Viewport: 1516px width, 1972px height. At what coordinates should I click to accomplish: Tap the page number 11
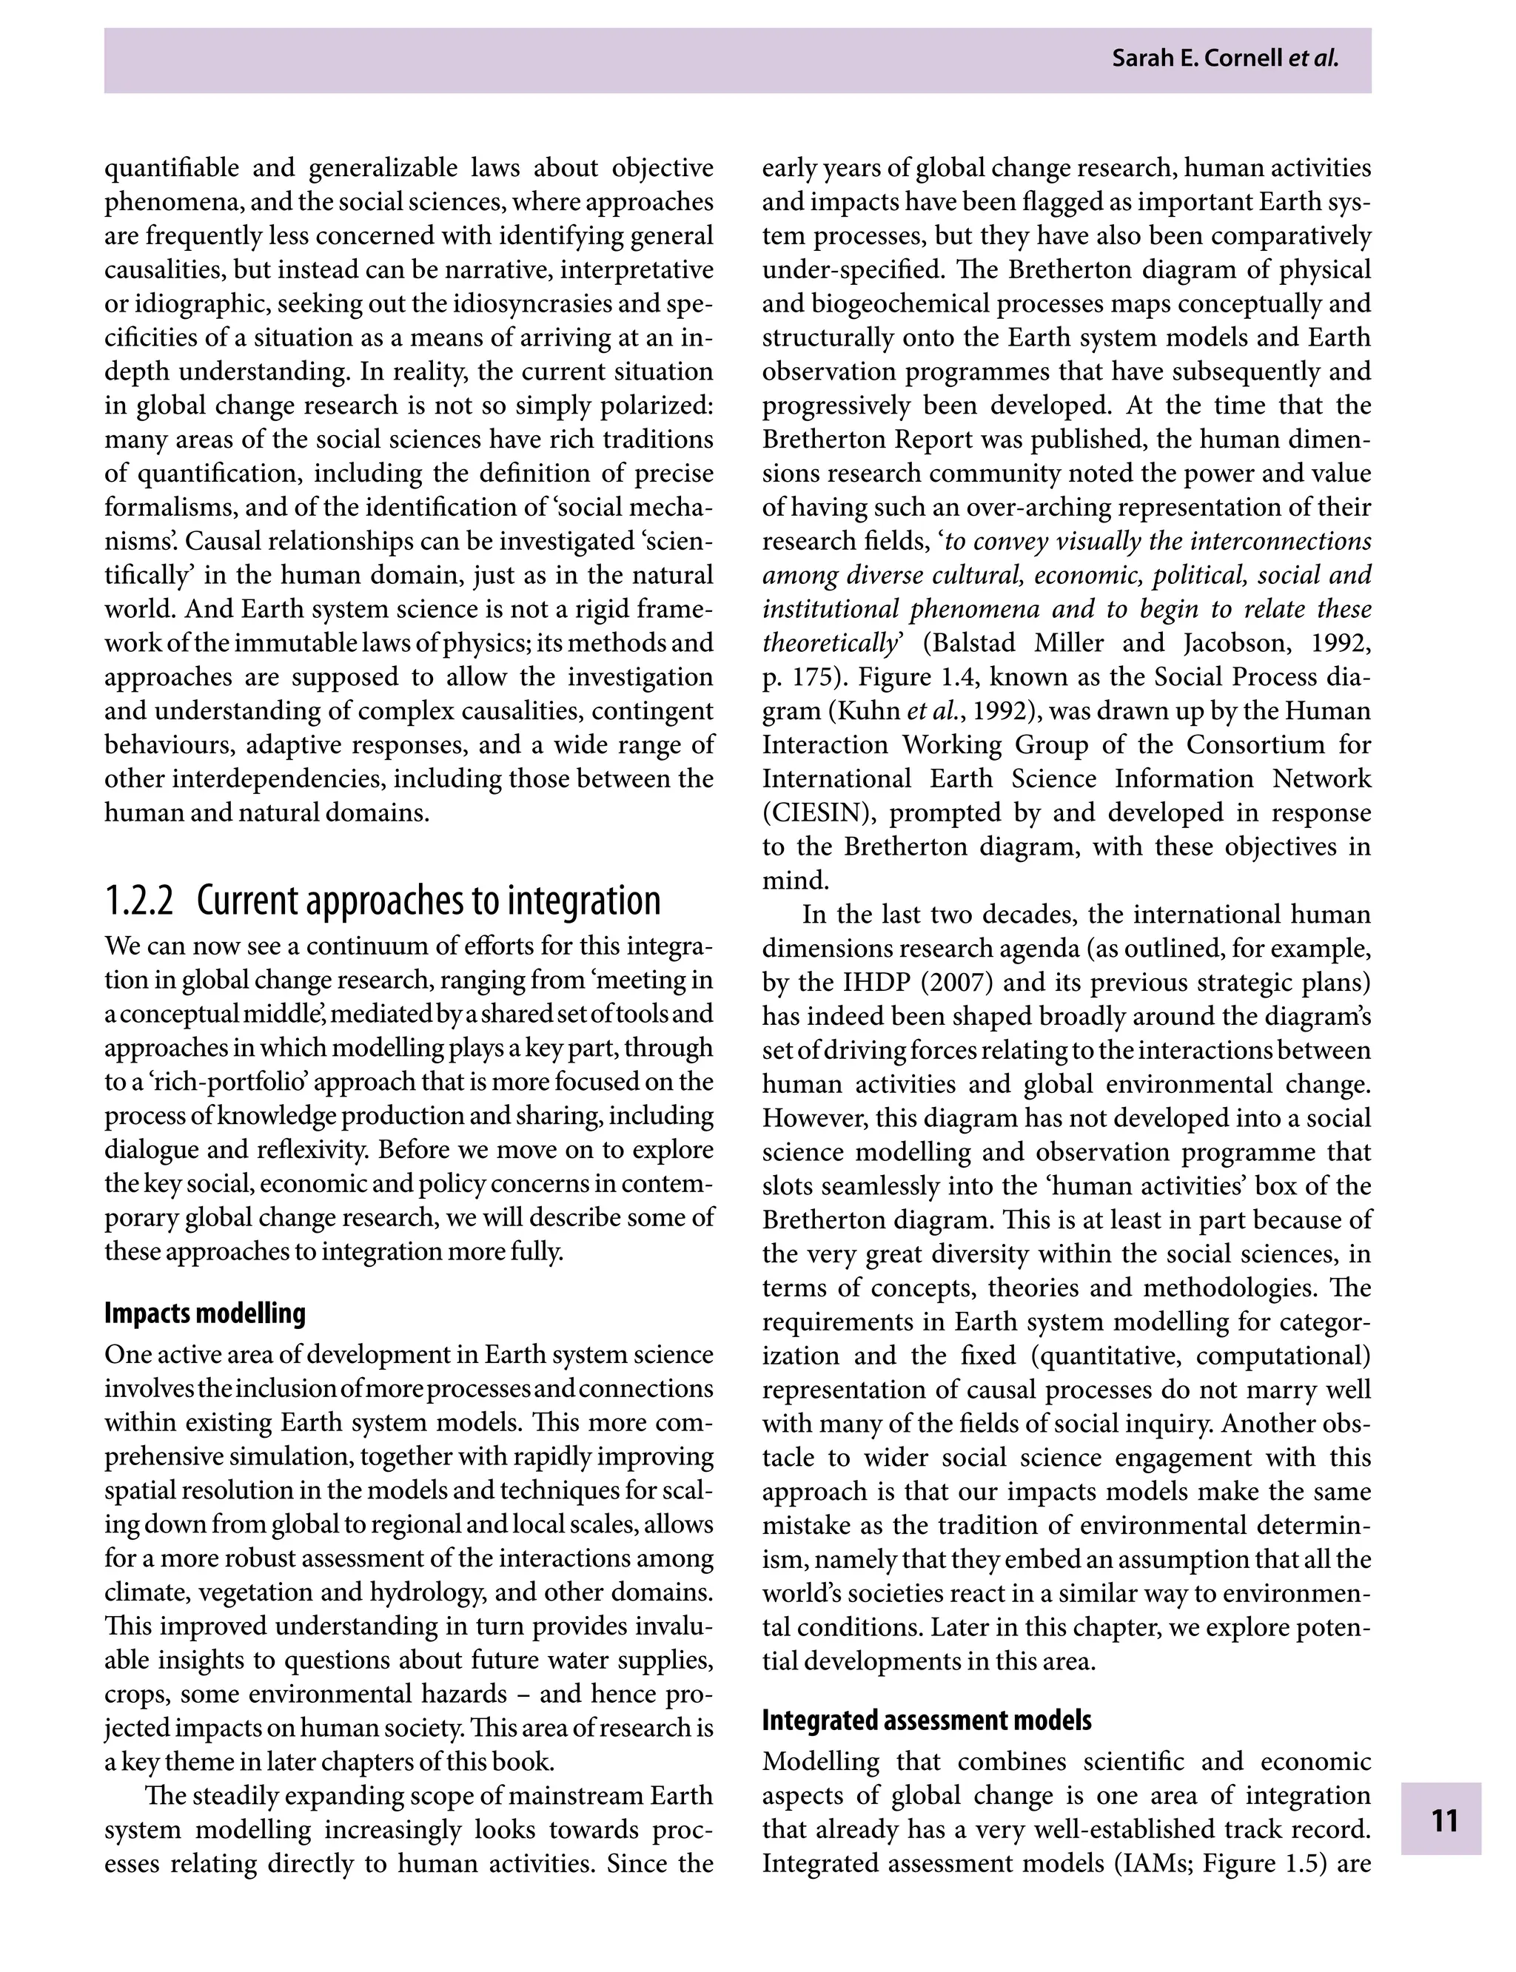tap(1443, 1820)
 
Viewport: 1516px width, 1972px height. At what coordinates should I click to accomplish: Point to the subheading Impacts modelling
tap(205, 1313)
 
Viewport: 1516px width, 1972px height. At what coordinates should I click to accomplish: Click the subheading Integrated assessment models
tap(927, 1720)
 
